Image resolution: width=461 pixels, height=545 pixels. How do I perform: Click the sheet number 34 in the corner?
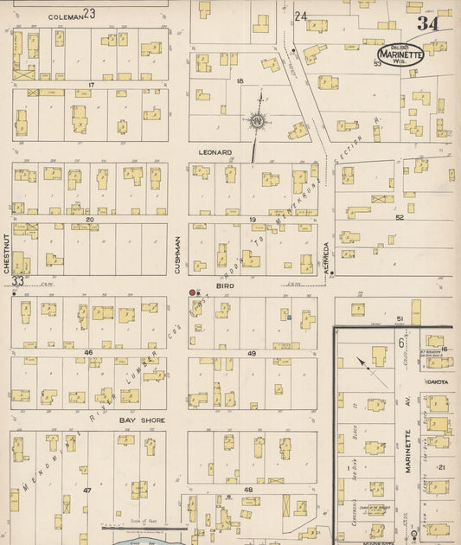pos(426,23)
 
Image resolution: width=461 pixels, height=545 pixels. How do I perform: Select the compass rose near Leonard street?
pos(257,122)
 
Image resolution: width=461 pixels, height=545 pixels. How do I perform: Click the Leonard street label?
pos(215,152)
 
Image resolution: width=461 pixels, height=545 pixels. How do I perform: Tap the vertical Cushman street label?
pos(178,255)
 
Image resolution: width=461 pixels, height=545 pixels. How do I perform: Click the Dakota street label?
pos(437,381)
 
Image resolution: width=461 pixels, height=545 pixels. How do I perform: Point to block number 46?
pos(88,353)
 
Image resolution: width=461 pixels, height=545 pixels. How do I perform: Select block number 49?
pos(252,353)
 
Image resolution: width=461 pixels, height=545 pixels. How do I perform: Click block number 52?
pos(400,218)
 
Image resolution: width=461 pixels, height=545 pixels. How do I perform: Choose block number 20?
pos(89,220)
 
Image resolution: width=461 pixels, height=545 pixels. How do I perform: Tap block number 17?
pos(90,84)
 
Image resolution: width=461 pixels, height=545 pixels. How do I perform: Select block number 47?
pos(86,490)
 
